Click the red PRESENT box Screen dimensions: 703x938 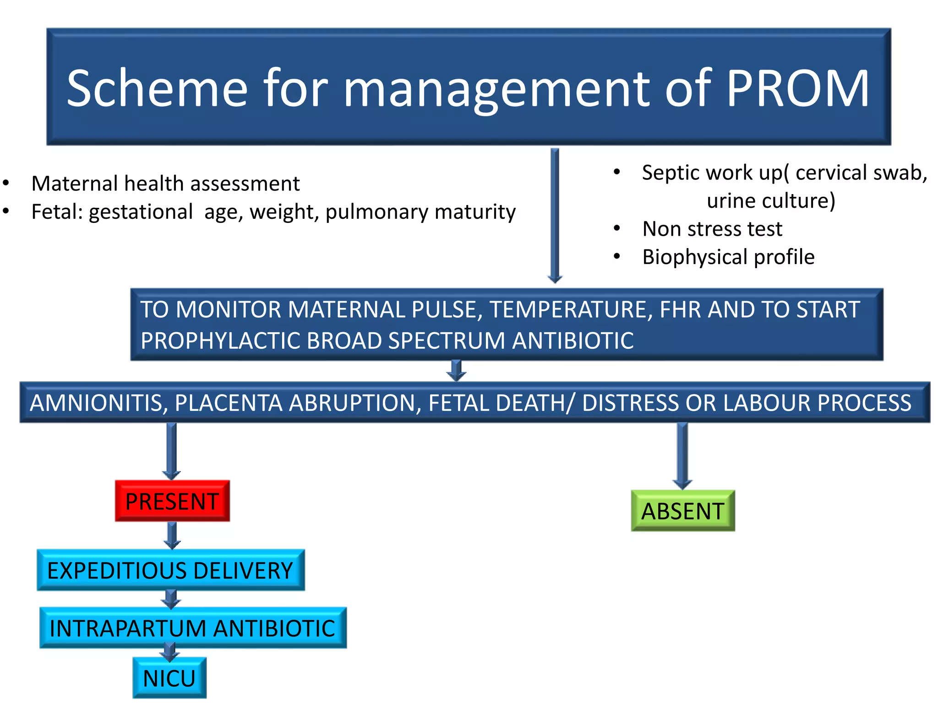[x=172, y=501]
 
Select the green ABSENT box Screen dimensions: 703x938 [x=682, y=511]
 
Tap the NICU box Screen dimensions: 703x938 [x=169, y=678]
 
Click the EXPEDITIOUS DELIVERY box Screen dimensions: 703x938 [x=170, y=570]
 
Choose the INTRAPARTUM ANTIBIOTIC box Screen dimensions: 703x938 [x=193, y=628]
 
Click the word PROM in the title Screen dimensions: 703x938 [x=797, y=88]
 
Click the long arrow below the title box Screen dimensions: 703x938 [x=555, y=215]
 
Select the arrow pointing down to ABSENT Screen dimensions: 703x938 [x=682, y=455]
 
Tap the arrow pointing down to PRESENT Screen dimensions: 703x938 [x=172, y=451]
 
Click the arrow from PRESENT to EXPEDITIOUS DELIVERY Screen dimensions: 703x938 [x=172, y=535]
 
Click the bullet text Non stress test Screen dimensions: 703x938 [x=712, y=229]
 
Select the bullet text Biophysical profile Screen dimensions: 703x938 [x=728, y=257]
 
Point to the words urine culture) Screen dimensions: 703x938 [x=771, y=200]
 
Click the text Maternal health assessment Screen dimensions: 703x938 [x=165, y=184]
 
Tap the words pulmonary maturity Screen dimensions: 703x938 [x=420, y=212]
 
